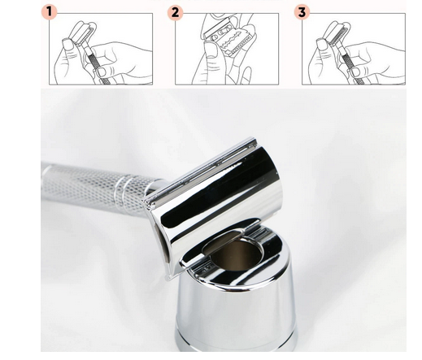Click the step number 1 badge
click(49, 12)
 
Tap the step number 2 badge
click(175, 12)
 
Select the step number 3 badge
click(302, 12)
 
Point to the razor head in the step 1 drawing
click(83, 32)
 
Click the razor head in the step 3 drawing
click(337, 33)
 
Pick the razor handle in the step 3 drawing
click(350, 65)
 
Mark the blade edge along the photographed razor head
click(199, 169)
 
